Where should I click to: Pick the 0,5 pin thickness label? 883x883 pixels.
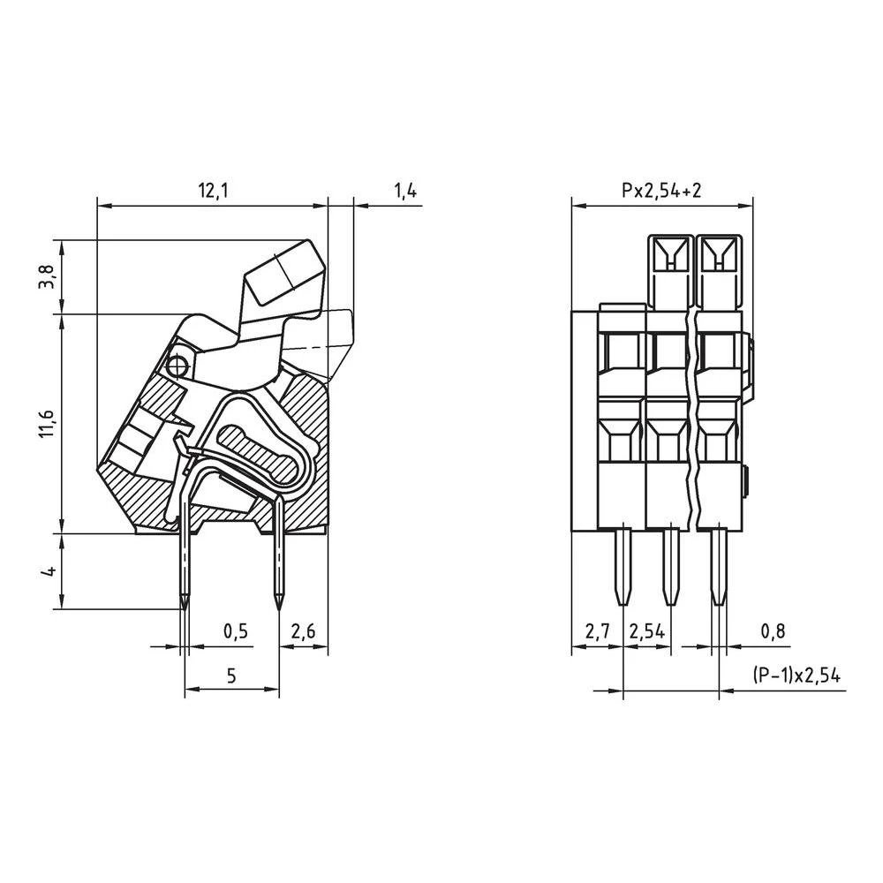pyautogui.click(x=235, y=631)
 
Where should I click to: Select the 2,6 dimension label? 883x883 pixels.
pyautogui.click(x=303, y=631)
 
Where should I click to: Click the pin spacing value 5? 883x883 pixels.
pyautogui.click(x=231, y=676)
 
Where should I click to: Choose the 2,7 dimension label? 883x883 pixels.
pyautogui.click(x=597, y=631)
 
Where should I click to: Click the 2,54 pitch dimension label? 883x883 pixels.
pyautogui.click(x=646, y=631)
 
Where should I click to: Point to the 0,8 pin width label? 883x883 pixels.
pyautogui.click(x=772, y=631)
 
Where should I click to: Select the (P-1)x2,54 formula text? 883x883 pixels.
pyautogui.click(x=796, y=676)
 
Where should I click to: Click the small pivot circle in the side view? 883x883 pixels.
pyautogui.click(x=178, y=365)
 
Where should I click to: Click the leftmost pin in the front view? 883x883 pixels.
pyautogui.click(x=623, y=565)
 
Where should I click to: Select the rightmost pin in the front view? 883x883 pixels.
pyautogui.click(x=719, y=565)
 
